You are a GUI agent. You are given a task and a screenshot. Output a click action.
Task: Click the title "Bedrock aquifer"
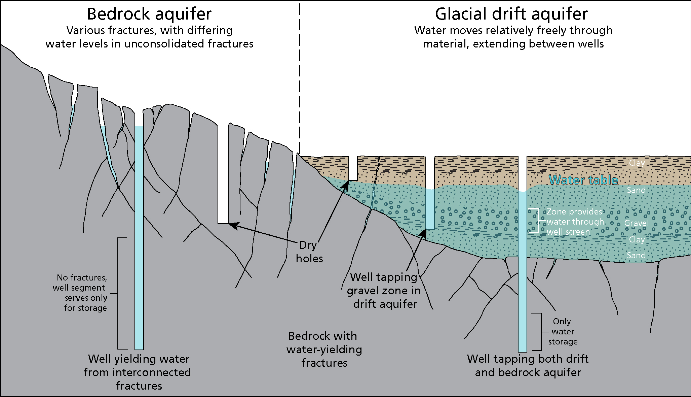click(x=149, y=14)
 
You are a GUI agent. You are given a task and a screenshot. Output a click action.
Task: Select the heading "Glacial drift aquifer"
click(x=511, y=14)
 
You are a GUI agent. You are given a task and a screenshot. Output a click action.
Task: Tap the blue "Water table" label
click(x=583, y=180)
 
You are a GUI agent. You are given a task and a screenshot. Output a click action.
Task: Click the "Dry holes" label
click(x=309, y=252)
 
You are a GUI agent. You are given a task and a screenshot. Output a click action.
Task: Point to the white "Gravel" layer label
click(x=637, y=223)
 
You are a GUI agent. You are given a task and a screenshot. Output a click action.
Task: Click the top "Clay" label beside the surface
click(x=637, y=163)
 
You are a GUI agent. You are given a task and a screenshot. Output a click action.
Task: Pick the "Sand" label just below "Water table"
click(x=636, y=190)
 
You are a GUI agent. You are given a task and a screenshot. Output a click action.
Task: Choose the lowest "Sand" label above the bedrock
click(x=636, y=256)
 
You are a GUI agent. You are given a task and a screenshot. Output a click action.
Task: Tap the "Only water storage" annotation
click(x=563, y=332)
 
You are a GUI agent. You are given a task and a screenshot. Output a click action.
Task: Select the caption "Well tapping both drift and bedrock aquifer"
click(x=528, y=365)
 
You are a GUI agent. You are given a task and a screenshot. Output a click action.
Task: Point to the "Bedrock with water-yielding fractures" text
click(x=324, y=349)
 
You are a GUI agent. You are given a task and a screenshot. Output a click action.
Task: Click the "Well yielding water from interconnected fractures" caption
click(x=138, y=372)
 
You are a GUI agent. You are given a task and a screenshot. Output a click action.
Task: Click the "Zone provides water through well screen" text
click(x=575, y=222)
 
